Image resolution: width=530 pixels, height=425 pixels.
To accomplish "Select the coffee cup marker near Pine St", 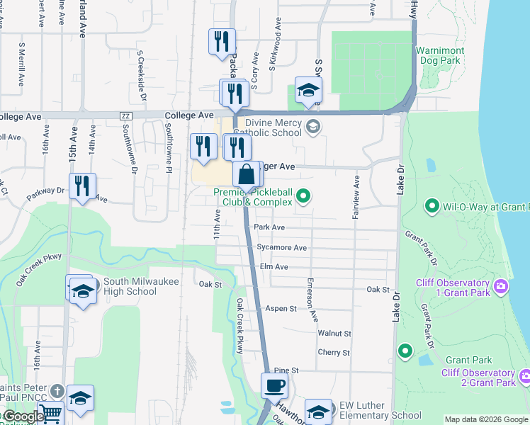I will coord(274,387).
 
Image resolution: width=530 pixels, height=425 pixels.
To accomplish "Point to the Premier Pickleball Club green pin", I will coord(304,196).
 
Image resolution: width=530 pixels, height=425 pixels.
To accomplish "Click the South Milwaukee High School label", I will coord(130,286).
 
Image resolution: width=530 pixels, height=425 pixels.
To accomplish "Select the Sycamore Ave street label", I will coord(281,248).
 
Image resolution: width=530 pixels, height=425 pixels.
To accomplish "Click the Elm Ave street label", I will coord(274,267).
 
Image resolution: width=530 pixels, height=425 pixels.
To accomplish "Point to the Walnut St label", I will coord(334,333).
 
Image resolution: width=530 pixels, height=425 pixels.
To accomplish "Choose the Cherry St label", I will coord(334,353).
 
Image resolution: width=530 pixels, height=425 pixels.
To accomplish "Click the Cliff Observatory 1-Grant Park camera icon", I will coord(502,287).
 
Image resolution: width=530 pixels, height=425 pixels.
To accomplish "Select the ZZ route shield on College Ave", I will coord(127,115).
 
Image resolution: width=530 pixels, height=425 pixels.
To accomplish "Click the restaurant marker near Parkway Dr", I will coord(83,187).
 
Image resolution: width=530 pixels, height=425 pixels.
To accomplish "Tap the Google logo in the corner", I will coord(23,416).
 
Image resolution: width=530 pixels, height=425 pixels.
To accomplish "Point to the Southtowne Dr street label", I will coord(132,153).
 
